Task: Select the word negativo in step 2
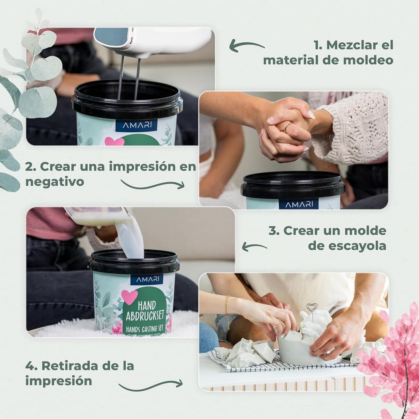click(54, 182)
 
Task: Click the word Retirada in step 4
click(71, 366)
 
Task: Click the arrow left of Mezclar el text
click(247, 46)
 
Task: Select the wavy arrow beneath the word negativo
click(152, 184)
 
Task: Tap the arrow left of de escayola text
click(255, 247)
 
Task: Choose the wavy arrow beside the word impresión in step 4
click(150, 384)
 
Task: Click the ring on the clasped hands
click(286, 128)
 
